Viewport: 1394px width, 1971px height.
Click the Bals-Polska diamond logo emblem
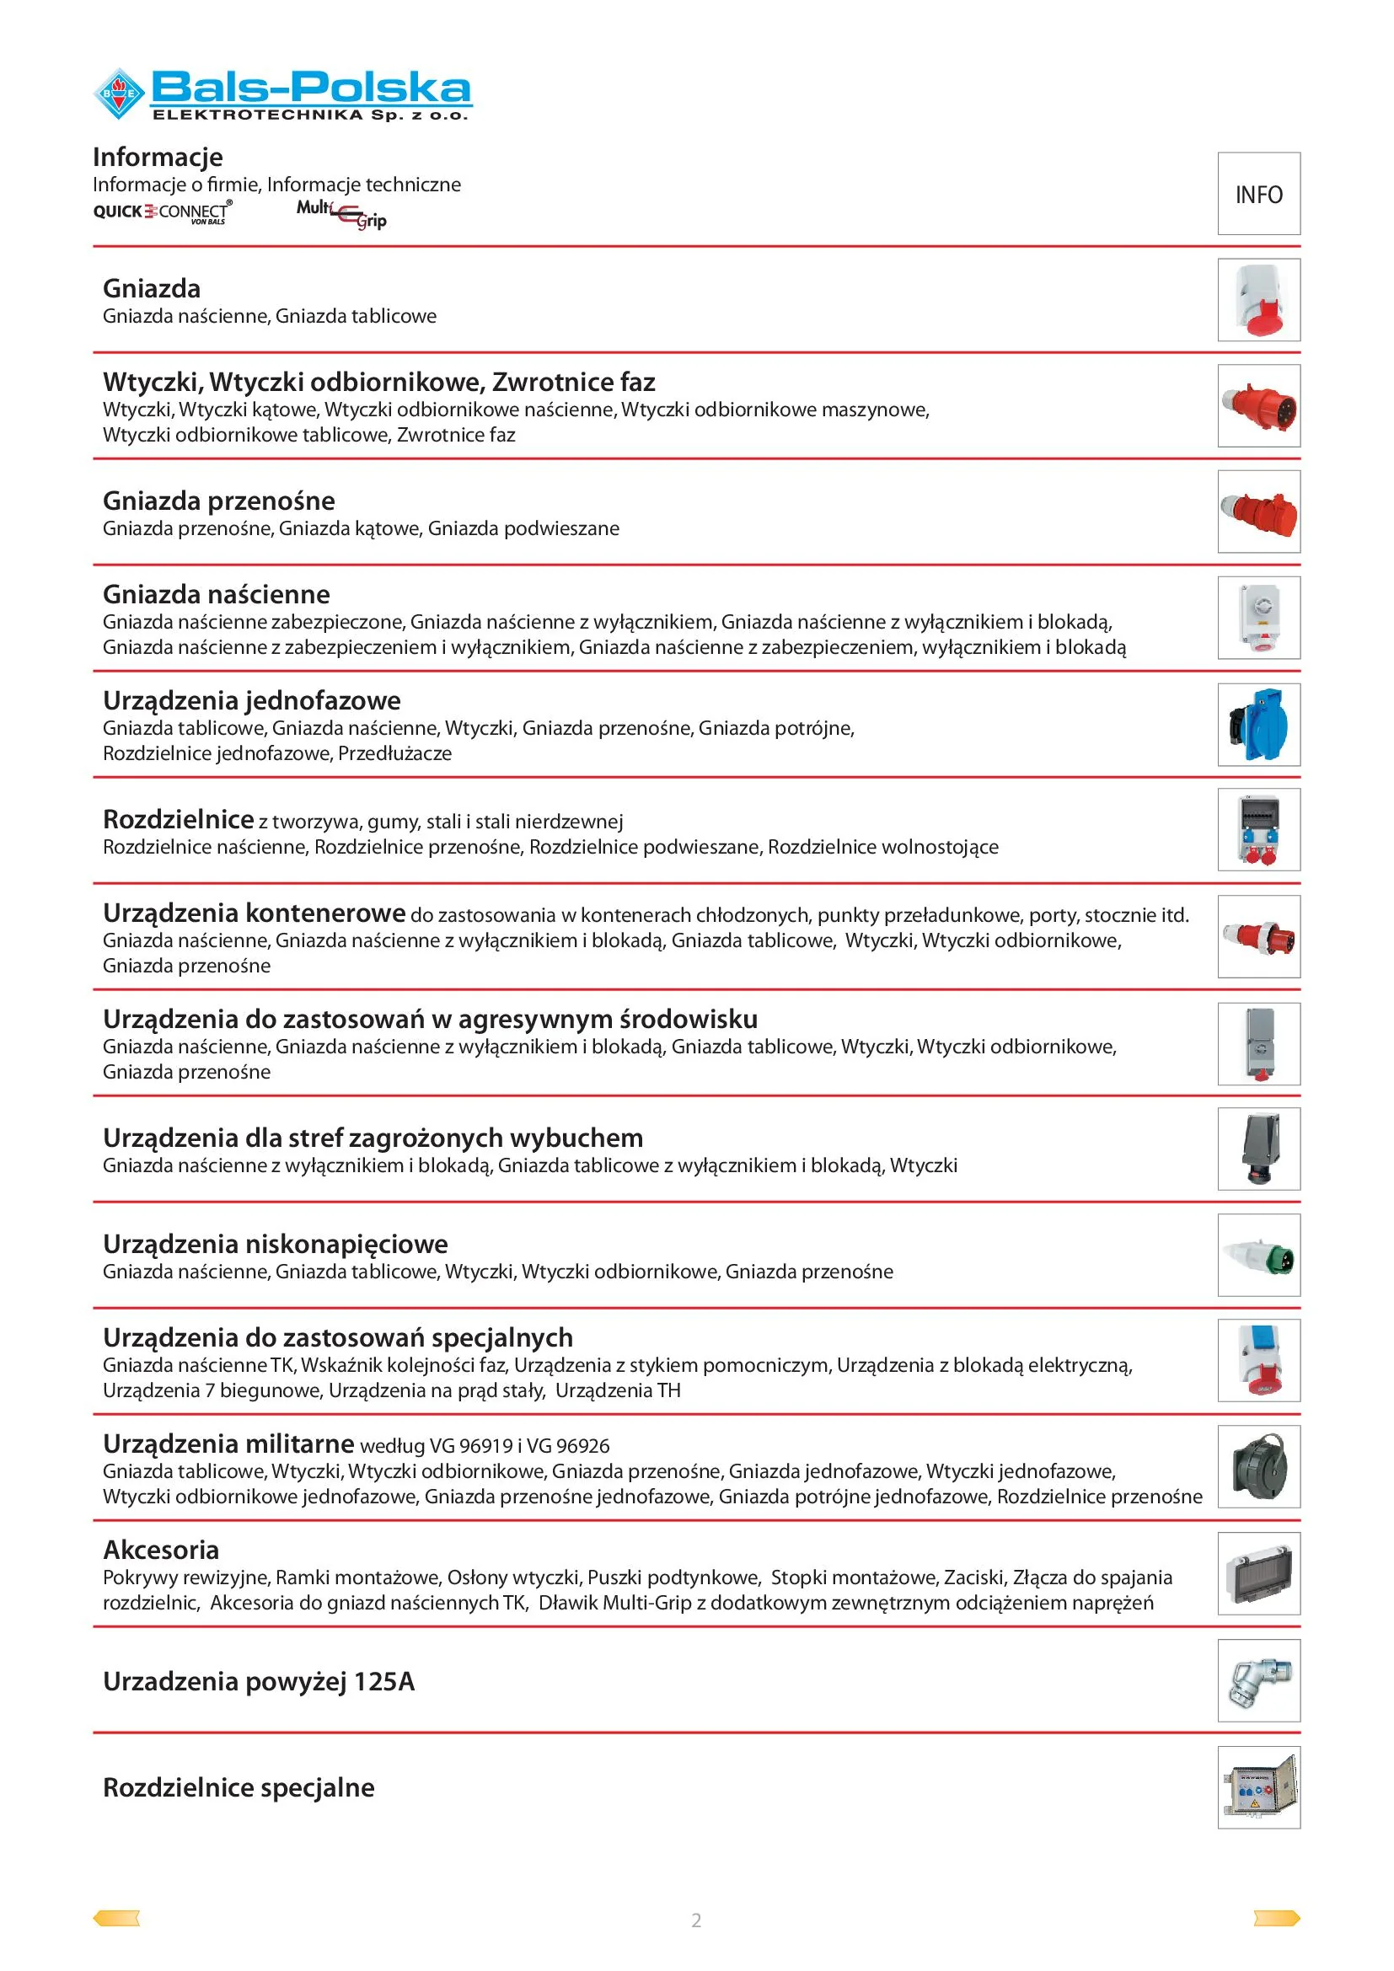coord(119,93)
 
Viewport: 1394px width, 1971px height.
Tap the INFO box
coord(1258,194)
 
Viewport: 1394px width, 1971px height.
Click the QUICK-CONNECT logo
coord(162,212)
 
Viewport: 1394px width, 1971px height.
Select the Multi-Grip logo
coord(341,214)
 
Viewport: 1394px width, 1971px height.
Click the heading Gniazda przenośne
coord(219,501)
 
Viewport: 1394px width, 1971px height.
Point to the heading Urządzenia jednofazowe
coord(251,700)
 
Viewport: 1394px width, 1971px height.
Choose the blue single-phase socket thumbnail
coord(1258,725)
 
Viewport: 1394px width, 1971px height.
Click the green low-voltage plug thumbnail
coord(1258,1256)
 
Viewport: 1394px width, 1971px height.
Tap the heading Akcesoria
coord(161,1550)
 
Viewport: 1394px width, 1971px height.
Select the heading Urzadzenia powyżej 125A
coord(259,1681)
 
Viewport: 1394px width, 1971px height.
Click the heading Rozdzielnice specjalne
coord(239,1787)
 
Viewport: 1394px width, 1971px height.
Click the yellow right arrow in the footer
coord(1276,1919)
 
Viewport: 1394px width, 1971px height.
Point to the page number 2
coord(696,1920)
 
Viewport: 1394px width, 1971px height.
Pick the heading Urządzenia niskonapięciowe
coord(276,1244)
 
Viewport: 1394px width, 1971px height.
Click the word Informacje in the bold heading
coord(158,157)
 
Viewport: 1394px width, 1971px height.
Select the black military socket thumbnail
coord(1258,1467)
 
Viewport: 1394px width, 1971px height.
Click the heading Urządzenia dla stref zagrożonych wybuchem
coord(373,1138)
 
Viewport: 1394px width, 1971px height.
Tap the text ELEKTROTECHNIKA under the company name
coord(258,115)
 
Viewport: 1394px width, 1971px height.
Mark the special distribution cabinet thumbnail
coord(1258,1788)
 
